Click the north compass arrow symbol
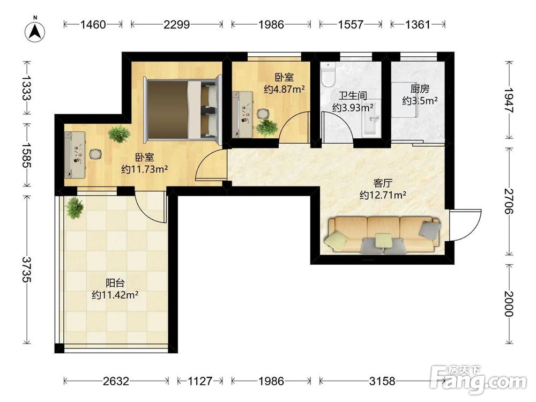coord(35,32)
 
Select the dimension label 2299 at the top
coord(176,25)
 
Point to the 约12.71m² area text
coord(383,195)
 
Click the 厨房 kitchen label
coord(420,89)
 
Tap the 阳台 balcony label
coord(115,283)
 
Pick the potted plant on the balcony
coord(75,207)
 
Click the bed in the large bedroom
coord(183,109)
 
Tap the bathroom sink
coord(372,118)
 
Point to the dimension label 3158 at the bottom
coord(382,381)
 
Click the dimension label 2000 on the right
coord(509,304)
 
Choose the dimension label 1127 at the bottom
coord(200,381)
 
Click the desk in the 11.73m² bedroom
coord(75,154)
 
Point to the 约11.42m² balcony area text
coord(115,295)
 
